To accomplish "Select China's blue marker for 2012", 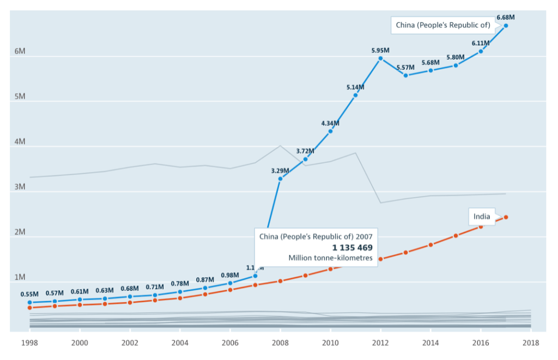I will click(x=380, y=58).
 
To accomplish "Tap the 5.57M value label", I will click(x=405, y=68).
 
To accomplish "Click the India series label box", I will click(x=482, y=217).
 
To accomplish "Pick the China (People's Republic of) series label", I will click(x=443, y=25).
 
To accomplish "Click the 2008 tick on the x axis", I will click(x=280, y=343).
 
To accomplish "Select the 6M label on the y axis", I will click(x=20, y=52).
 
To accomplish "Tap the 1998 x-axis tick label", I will click(x=29, y=343).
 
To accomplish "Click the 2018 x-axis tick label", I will click(x=531, y=343).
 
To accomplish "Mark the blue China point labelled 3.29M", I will click(x=280, y=179).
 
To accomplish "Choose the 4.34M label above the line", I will click(x=330, y=123).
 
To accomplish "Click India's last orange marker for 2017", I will click(x=506, y=217).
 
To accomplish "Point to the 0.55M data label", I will click(x=29, y=295).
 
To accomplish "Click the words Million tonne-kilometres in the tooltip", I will click(x=331, y=258).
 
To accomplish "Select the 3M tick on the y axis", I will click(x=20, y=187).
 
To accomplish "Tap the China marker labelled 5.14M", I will click(x=355, y=95).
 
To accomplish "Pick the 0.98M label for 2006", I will click(x=230, y=275).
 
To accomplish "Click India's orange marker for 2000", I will click(x=80, y=305).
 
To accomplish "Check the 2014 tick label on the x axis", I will click(x=430, y=343).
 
